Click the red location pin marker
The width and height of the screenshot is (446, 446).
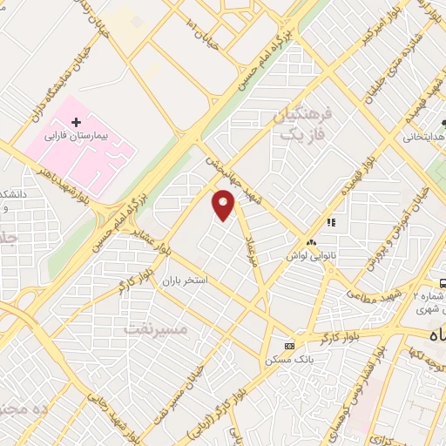coord(224,206)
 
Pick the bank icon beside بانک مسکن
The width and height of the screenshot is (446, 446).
coord(289,345)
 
